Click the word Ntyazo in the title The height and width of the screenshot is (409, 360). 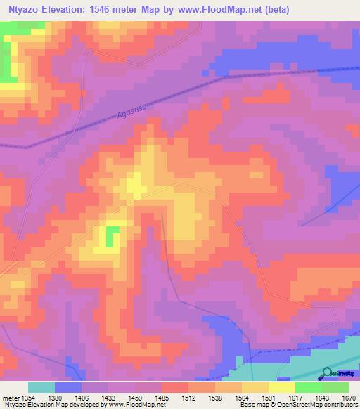click(x=21, y=10)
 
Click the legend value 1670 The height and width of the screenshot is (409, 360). click(x=341, y=398)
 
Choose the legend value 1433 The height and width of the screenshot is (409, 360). click(x=110, y=398)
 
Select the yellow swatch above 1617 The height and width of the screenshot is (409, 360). click(x=281, y=387)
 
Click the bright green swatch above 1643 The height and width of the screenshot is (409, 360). click(x=308, y=387)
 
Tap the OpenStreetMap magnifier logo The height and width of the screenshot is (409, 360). click(x=327, y=373)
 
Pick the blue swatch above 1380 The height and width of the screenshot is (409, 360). click(x=67, y=387)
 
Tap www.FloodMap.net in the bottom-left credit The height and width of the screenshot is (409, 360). click(x=136, y=405)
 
